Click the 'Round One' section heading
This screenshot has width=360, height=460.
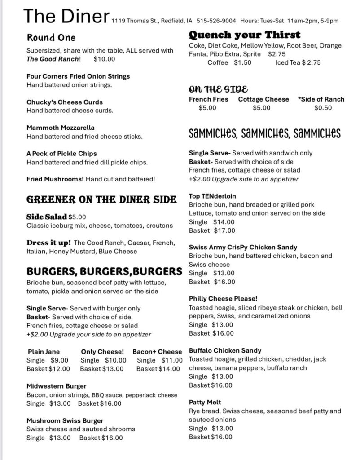51,37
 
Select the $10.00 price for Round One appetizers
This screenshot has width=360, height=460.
104,59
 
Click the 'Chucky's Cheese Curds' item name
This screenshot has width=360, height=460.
65,102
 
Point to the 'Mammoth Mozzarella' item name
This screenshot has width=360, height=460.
61,128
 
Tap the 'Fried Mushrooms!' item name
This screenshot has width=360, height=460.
55,179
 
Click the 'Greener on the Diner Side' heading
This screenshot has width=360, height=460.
95,199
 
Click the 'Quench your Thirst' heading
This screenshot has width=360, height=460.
245,35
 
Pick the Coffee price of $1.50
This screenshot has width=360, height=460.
242,63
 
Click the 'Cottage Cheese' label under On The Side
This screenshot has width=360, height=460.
263,99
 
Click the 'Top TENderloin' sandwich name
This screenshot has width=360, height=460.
213,196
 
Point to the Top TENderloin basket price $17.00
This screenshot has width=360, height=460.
224,230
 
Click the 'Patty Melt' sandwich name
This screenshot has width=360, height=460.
205,402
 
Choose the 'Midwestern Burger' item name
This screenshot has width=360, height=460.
57,386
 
